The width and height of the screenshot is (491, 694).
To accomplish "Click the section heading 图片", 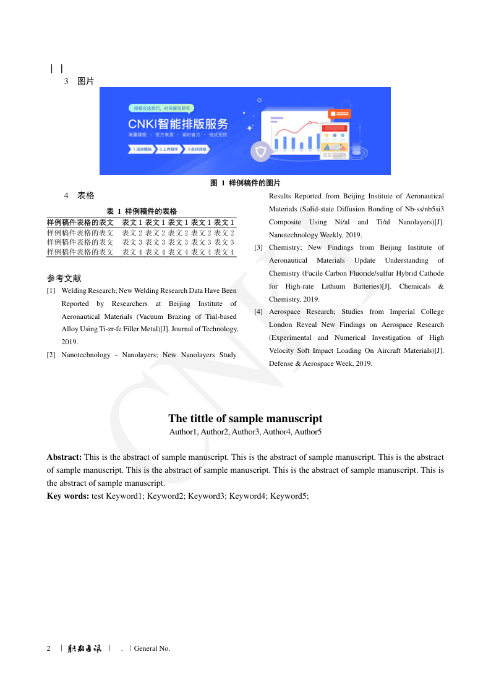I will [85, 81].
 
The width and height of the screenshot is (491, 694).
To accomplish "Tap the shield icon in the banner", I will [261, 151].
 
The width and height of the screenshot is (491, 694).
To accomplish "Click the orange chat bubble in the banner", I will [340, 114].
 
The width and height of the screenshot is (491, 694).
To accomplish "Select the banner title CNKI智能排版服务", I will [178, 123].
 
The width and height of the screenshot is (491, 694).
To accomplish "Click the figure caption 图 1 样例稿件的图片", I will [246, 183].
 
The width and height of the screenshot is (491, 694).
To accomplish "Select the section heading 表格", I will [85, 196].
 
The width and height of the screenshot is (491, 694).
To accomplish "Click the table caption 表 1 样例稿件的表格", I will [142, 211].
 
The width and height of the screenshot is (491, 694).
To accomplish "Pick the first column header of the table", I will [80, 222].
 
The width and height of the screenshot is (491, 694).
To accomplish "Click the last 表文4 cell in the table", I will [224, 252].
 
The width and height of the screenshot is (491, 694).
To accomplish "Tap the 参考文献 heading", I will [64, 278].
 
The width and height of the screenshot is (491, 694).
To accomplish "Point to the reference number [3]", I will [259, 247].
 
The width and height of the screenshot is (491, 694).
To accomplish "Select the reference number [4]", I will [259, 311].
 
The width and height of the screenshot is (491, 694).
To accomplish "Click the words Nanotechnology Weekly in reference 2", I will [300, 235].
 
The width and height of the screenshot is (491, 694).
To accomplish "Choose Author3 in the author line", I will [246, 432].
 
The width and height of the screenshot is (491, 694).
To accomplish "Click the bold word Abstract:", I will [64, 457].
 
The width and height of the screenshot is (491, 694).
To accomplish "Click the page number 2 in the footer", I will [49, 648].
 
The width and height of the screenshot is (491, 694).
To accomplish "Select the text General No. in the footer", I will [152, 648].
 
